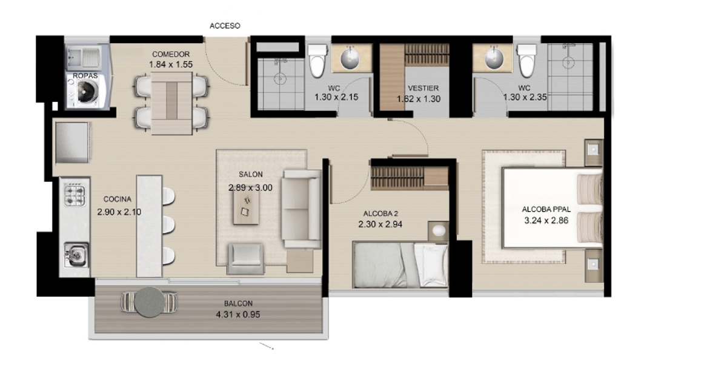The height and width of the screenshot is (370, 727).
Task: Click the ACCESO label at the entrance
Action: click(x=225, y=25)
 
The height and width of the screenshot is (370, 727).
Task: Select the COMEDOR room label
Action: click(x=171, y=54)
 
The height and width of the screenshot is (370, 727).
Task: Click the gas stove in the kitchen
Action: click(x=75, y=194)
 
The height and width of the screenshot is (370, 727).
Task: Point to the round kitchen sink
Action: click(x=76, y=254)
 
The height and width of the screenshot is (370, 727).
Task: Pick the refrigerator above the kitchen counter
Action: click(x=72, y=143)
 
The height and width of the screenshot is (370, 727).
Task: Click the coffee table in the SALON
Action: click(x=246, y=206)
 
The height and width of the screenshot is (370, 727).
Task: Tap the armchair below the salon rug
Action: click(x=246, y=259)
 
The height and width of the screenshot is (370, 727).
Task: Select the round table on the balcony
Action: click(x=149, y=302)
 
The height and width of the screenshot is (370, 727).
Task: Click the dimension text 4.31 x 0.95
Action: click(x=238, y=314)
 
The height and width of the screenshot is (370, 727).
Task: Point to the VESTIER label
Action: click(x=423, y=88)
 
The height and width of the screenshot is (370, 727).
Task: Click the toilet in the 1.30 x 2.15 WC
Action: click(x=317, y=61)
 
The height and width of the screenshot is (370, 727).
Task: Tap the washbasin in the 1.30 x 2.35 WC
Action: click(x=494, y=58)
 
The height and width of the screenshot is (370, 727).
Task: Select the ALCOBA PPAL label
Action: click(x=546, y=209)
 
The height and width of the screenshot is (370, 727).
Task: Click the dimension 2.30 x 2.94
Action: click(x=380, y=224)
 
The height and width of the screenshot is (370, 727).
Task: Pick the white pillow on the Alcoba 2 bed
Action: click(x=431, y=265)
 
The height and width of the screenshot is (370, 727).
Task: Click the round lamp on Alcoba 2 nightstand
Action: click(x=439, y=231)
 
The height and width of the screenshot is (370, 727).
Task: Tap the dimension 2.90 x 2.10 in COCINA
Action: click(x=119, y=212)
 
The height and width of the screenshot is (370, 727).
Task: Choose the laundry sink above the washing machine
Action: click(x=84, y=58)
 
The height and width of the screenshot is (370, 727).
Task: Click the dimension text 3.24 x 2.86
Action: click(x=546, y=221)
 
